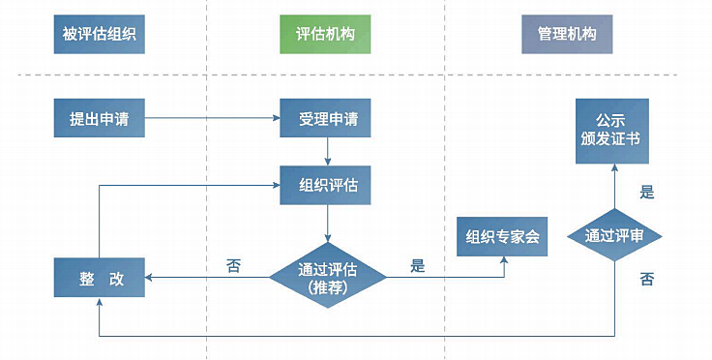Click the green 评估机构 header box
325,35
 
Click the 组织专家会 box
502,236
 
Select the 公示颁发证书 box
615,129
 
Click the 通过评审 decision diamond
615,235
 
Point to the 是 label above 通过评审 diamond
647,192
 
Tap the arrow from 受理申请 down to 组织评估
328,152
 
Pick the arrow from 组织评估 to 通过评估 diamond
328,224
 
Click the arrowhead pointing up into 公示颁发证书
615,167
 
